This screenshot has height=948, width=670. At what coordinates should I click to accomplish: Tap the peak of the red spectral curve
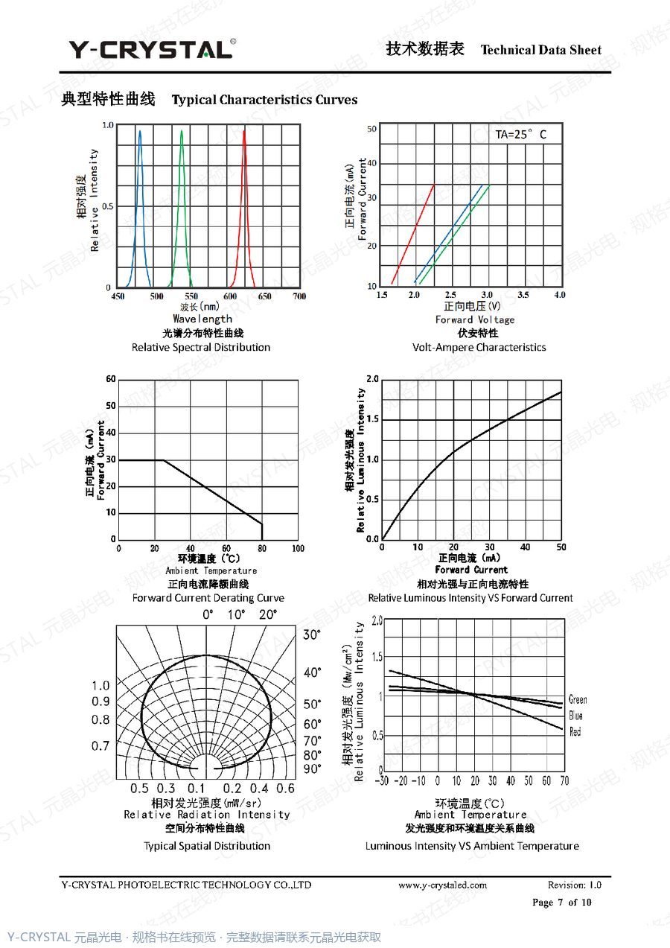click(x=244, y=130)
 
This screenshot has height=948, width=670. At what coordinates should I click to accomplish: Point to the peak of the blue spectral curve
click(x=140, y=131)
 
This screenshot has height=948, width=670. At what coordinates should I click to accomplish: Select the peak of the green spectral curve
click(x=182, y=130)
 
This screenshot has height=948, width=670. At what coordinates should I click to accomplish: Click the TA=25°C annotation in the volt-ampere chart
click(x=521, y=135)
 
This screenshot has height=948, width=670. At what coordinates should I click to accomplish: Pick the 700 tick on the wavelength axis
click(x=299, y=296)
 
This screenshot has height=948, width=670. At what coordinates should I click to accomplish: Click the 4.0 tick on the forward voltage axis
click(x=560, y=295)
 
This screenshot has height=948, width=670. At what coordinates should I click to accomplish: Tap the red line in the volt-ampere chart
click(x=413, y=234)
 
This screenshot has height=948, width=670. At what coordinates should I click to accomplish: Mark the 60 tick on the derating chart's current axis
click(x=111, y=379)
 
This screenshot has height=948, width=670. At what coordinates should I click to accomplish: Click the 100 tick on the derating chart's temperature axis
click(x=298, y=549)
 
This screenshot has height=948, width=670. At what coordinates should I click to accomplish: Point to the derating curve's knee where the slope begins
click(x=164, y=460)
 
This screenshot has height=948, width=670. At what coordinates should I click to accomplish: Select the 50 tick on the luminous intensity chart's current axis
click(x=561, y=547)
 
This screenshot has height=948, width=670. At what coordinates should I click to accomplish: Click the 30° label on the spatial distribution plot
click(x=312, y=634)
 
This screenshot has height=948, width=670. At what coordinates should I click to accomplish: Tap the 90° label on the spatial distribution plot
click(x=312, y=769)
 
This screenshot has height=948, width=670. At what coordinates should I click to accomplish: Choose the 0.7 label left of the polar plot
click(x=100, y=746)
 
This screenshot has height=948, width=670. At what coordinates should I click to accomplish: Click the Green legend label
click(x=578, y=699)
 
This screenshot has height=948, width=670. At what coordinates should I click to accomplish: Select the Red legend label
click(x=575, y=731)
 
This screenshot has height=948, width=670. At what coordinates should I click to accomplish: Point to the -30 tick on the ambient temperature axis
click(x=382, y=780)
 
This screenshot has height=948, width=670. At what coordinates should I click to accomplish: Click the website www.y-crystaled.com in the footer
click(x=442, y=885)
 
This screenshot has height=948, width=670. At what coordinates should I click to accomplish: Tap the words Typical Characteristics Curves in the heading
click(x=264, y=100)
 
